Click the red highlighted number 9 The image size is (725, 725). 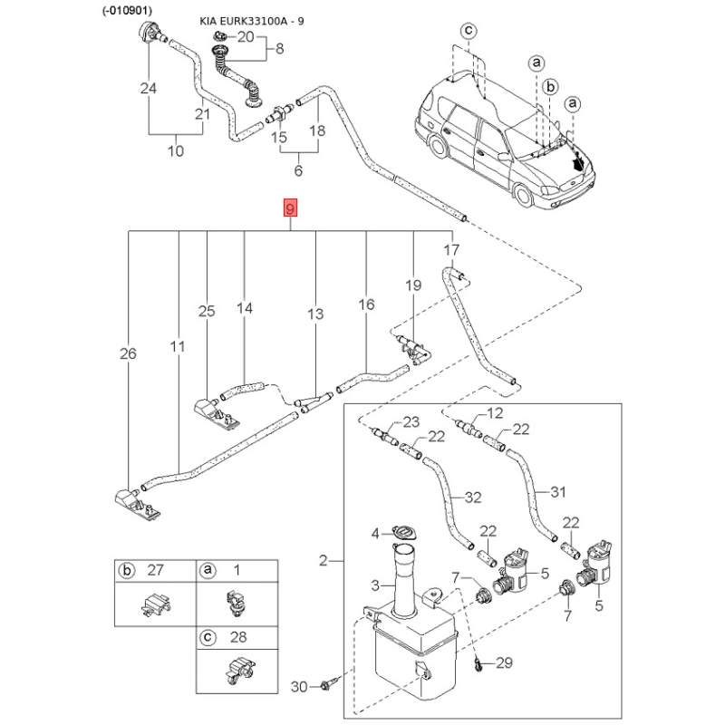coord(290,210)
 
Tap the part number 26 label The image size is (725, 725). coord(128,354)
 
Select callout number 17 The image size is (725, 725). coord(450,249)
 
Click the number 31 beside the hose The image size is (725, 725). coord(557,492)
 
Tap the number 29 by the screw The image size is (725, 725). coord(505,663)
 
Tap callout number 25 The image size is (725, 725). coord(207,312)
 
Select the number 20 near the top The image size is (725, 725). coord(246,37)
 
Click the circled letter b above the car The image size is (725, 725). coord(549,83)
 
